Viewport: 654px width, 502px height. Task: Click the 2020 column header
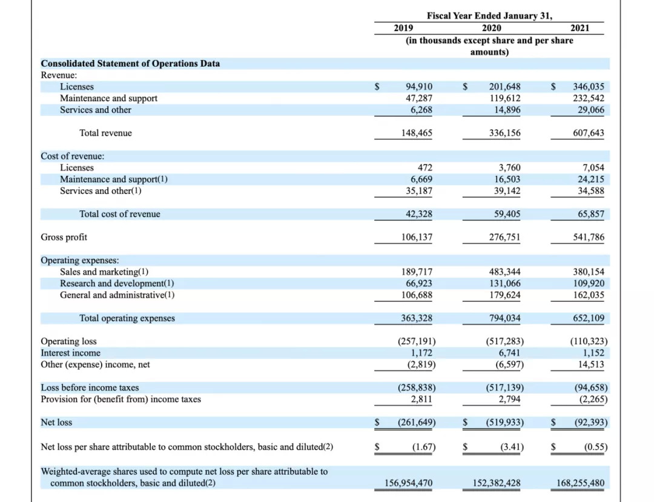point(491,28)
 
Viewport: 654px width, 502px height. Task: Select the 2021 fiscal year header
point(580,28)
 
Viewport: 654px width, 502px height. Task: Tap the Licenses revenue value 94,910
point(418,87)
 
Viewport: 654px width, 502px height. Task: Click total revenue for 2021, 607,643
point(589,133)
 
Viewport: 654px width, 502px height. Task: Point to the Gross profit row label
point(64,237)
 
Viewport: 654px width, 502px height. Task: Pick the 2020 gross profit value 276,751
point(504,237)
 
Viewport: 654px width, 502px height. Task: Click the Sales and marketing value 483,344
point(504,272)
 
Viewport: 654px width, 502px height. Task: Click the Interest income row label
point(71,353)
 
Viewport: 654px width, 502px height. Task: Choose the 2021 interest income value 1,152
point(593,353)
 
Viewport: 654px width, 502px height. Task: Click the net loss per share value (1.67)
point(423,447)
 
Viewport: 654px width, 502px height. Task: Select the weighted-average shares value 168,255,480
point(580,483)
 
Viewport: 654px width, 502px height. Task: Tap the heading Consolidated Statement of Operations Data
point(130,64)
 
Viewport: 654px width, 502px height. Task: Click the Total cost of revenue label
point(120,214)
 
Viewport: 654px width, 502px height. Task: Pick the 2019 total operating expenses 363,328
point(417,318)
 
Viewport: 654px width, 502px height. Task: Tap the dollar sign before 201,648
point(466,87)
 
